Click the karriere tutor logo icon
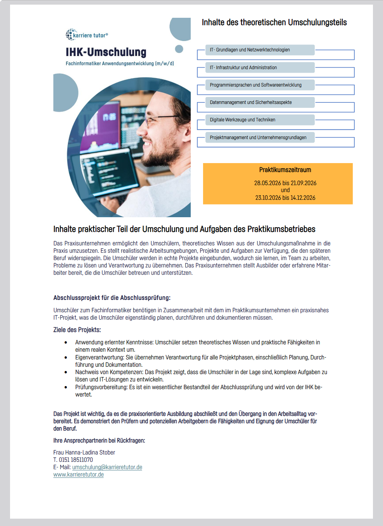pyautogui.click(x=70, y=35)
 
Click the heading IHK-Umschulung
pyautogui.click(x=106, y=52)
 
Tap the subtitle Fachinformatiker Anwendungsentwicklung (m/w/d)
pyautogui.click(x=120, y=63)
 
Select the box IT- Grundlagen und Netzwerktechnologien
pyautogui.click(x=259, y=50)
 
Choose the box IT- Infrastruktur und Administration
pyautogui.click(x=259, y=68)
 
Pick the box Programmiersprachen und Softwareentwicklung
pyautogui.click(x=259, y=85)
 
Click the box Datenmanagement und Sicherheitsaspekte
pyautogui.click(x=259, y=102)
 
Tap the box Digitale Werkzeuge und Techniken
pyautogui.click(x=259, y=120)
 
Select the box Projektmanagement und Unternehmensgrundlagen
pyautogui.click(x=259, y=138)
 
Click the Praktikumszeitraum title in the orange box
pyautogui.click(x=285, y=170)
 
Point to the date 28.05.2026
pyautogui.click(x=268, y=183)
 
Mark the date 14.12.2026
pyautogui.click(x=303, y=198)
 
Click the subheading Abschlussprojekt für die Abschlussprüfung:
pyautogui.click(x=112, y=298)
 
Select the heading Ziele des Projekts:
pyautogui.click(x=77, y=330)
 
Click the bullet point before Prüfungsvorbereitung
pyautogui.click(x=66, y=387)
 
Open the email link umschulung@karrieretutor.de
pyautogui.click(x=107, y=467)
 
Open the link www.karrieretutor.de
pyautogui.click(x=78, y=475)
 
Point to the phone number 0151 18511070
pyautogui.click(x=76, y=460)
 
